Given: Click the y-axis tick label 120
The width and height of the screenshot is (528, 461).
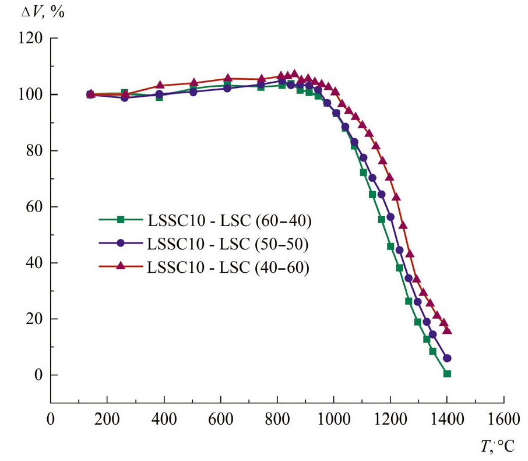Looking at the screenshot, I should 30,38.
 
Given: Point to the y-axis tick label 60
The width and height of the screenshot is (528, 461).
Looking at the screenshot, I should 34,207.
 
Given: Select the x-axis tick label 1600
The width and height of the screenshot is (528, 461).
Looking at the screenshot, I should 503,420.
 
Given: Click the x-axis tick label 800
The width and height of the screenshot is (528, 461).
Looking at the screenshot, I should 277,420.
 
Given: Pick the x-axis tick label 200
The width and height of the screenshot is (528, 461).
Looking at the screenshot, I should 107,420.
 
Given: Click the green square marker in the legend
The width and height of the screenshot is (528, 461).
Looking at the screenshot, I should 121,220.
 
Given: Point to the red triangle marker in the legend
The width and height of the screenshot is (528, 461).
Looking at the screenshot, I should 121,266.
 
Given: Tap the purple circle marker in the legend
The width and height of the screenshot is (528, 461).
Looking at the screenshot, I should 121,243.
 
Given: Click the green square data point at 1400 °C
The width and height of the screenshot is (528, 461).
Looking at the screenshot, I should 447,374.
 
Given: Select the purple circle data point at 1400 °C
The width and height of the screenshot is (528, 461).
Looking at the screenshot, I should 447,358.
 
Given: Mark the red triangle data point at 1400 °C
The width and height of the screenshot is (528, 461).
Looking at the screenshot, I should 447,330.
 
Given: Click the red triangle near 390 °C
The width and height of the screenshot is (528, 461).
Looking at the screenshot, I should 160,86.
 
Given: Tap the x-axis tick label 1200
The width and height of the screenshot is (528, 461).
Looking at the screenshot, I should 390,420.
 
